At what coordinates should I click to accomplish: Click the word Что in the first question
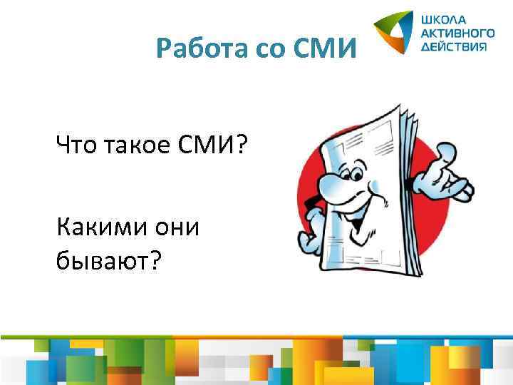click(x=78, y=147)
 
